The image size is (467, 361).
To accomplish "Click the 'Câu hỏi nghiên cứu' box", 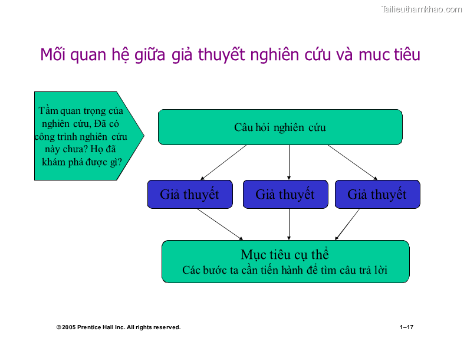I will (x=280, y=127).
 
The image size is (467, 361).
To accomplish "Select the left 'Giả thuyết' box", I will (x=189, y=195).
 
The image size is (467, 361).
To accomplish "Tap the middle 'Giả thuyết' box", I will (x=285, y=195).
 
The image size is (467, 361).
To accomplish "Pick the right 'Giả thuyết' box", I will (x=377, y=195).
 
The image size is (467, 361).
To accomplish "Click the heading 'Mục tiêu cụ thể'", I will (x=285, y=255).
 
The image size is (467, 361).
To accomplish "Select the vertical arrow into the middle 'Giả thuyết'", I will (x=289, y=162).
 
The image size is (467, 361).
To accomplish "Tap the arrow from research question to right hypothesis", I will (x=353, y=162).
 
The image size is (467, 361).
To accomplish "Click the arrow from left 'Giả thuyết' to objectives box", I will (x=219, y=224).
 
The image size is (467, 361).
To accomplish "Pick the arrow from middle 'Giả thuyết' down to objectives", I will (x=289, y=224).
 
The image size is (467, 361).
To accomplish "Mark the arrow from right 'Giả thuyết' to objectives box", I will (x=347, y=224).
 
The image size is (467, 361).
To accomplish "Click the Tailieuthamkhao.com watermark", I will (x=422, y=9).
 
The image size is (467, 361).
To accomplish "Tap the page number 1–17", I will (x=406, y=327).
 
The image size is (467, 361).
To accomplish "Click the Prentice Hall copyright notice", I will (x=119, y=327).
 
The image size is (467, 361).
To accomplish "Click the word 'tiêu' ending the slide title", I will (x=407, y=55).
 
